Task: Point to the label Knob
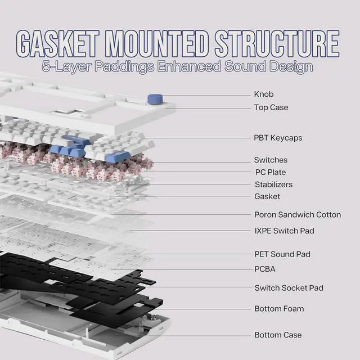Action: point(264,94)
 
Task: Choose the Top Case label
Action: point(271,107)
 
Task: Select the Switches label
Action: point(271,160)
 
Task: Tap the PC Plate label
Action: point(271,172)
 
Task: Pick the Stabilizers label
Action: point(273,184)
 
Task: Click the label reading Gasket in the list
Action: point(267,196)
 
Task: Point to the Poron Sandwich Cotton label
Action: point(298,214)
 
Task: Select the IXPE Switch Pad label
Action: point(284,231)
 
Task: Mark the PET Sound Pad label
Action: point(282,254)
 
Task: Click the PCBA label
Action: point(265,269)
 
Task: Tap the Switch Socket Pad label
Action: point(289,288)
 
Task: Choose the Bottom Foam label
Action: point(279,308)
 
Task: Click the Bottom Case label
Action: point(278,335)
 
